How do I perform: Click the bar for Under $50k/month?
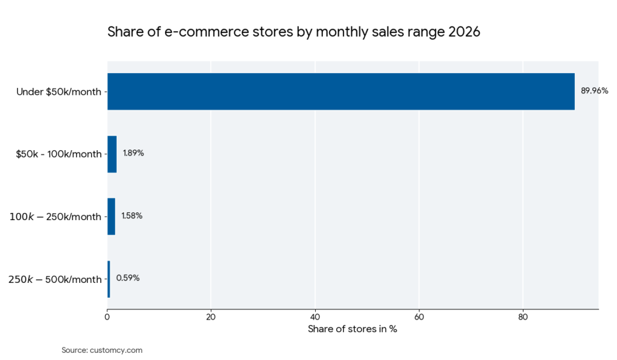tap(340, 92)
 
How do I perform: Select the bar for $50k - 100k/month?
tap(112, 154)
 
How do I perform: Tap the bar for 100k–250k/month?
tap(111, 216)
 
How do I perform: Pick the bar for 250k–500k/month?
tap(108, 279)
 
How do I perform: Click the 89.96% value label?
tap(594, 91)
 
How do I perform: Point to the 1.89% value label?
tap(133, 153)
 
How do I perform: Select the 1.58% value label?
tap(132, 216)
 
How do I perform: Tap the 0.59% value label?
tap(128, 278)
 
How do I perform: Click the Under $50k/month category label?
tap(59, 92)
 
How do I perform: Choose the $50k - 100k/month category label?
tap(58, 154)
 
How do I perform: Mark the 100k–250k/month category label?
tap(55, 217)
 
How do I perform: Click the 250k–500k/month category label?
tap(55, 279)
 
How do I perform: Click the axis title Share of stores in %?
tap(352, 329)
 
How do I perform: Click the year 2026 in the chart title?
tap(464, 32)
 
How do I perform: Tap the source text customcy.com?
tap(116, 350)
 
